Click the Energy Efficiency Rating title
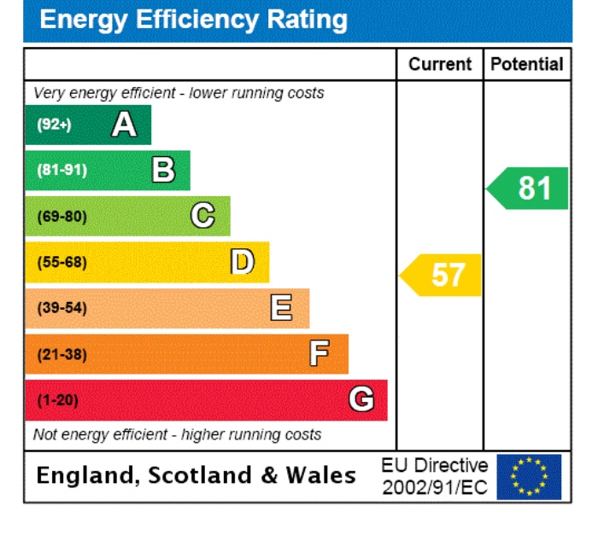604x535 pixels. pyautogui.click(x=194, y=20)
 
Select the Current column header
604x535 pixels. pyautogui.click(x=439, y=64)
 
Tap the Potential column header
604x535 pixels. pyautogui.click(x=527, y=64)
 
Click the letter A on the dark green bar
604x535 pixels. pyautogui.click(x=124, y=125)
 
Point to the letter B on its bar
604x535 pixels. pyautogui.click(x=163, y=171)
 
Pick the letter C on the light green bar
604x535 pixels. pyautogui.click(x=202, y=216)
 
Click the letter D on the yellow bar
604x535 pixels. pyautogui.click(x=243, y=262)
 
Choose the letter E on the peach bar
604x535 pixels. pyautogui.click(x=281, y=307)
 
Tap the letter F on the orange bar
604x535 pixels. pyautogui.click(x=320, y=353)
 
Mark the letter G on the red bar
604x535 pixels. pyautogui.click(x=361, y=399)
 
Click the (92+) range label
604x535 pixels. pyautogui.click(x=54, y=125)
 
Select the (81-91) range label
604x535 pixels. pyautogui.click(x=62, y=171)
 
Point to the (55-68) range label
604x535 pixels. pyautogui.click(x=62, y=262)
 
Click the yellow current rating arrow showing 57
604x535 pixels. pyautogui.click(x=442, y=275)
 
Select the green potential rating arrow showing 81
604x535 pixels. pyautogui.click(x=529, y=188)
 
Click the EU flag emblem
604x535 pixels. pyautogui.click(x=529, y=477)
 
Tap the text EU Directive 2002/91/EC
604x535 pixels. pyautogui.click(x=435, y=477)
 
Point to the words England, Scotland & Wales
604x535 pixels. pyautogui.click(x=196, y=475)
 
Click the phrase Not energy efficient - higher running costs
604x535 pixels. pyautogui.click(x=177, y=434)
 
